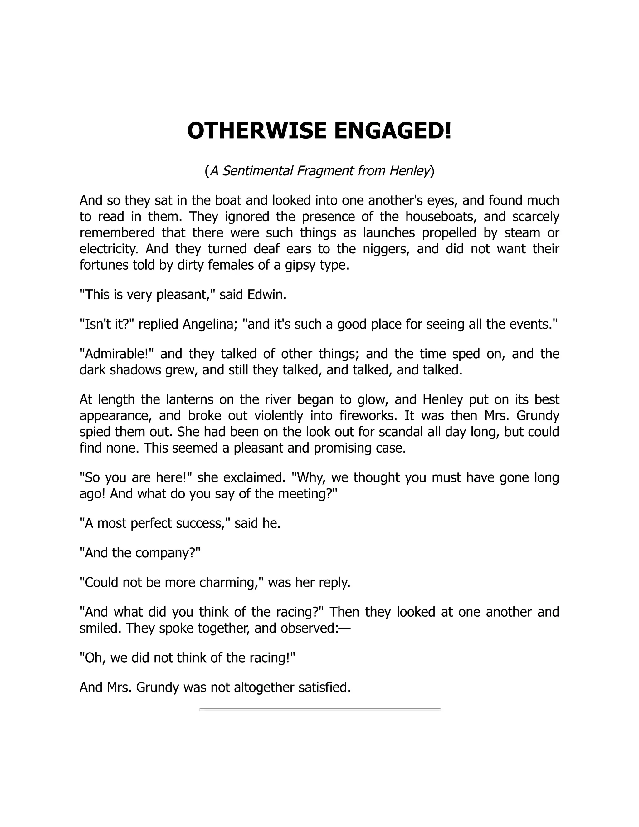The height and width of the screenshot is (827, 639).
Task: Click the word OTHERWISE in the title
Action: (x=257, y=131)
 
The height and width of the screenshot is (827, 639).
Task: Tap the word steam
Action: (x=522, y=232)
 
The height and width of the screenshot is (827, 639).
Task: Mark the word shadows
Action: (x=135, y=370)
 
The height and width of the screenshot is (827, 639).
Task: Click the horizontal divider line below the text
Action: (x=320, y=709)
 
